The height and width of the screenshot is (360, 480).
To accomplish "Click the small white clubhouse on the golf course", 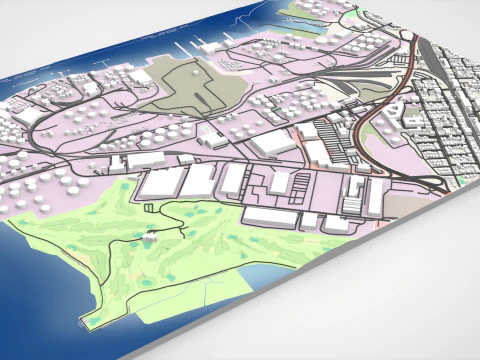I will [x=150, y=237].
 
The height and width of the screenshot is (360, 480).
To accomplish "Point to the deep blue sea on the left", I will [x=40, y=260].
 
